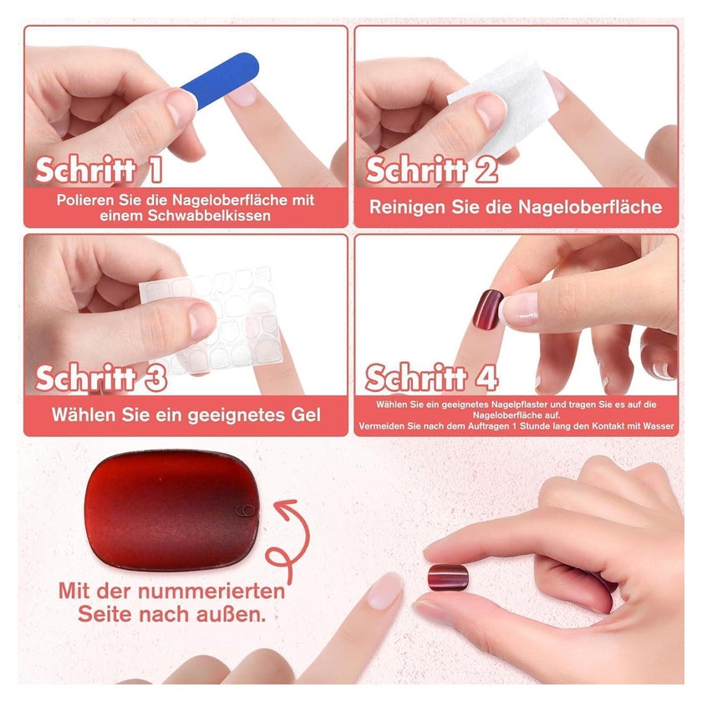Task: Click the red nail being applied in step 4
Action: pos(488,309)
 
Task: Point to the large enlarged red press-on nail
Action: pos(172,511)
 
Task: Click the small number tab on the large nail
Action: pos(246,510)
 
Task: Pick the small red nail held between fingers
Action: pos(448,577)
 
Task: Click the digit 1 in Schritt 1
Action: pos(155,170)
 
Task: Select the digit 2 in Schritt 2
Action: pos(486,170)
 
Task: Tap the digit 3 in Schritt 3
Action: pos(155,379)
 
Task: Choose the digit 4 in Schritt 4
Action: pos(486,379)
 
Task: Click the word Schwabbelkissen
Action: pos(209,216)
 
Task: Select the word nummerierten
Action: pos(211,591)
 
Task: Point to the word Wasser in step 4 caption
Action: pos(659,426)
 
